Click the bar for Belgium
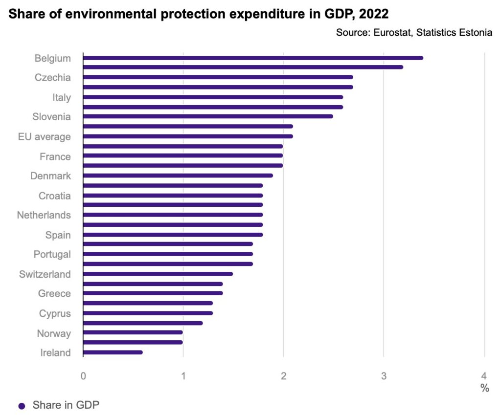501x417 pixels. point(252,58)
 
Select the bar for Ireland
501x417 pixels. point(113,352)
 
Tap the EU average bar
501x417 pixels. point(188,136)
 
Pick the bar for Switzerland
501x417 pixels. point(158,274)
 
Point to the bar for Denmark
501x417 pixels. point(178,176)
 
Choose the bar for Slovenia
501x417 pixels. point(208,116)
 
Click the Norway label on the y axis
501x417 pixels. point(54,333)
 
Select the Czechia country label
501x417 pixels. point(52,77)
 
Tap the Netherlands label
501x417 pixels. point(44,215)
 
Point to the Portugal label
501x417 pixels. point(52,254)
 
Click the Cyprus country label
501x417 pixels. point(55,313)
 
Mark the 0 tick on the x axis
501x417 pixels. point(83,376)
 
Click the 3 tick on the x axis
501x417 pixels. point(384,376)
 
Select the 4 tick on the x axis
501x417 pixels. point(484,376)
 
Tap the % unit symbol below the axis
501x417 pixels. point(484,388)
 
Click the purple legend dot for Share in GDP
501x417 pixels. point(21,406)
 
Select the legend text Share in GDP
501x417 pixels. point(66,405)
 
